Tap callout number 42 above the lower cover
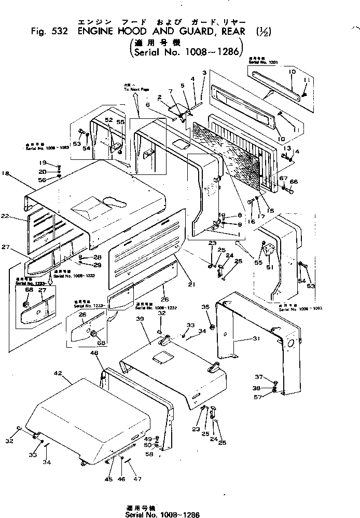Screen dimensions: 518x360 (58, 373)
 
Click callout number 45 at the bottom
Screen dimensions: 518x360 (108, 479)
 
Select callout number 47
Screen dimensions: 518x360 (137, 479)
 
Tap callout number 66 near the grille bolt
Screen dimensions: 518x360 (294, 182)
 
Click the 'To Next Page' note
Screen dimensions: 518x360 (135, 88)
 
